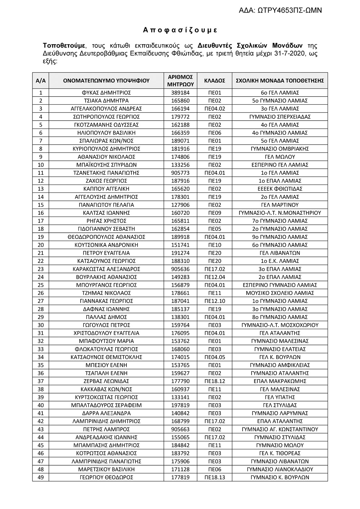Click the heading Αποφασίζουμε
[180, 30]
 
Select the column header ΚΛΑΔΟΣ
[215, 81]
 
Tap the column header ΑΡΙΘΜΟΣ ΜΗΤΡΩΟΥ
[180, 81]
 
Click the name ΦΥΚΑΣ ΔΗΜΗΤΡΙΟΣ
[106, 93]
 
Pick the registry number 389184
[180, 93]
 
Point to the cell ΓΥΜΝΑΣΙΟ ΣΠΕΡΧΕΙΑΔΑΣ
[280, 117]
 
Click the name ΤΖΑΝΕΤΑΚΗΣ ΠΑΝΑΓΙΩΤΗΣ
[106, 173]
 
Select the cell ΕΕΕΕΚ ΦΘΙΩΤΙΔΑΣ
[280, 189]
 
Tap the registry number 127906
[180, 205]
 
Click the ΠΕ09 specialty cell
[215, 213]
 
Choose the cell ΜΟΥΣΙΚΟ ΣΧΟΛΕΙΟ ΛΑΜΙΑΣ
[280, 293]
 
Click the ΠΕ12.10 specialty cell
[215, 301]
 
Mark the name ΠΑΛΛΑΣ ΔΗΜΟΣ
[106, 317]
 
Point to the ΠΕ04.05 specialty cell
[215, 357]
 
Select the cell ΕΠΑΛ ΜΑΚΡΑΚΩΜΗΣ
[280, 381]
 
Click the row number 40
[40, 405]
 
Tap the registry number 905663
[180, 430]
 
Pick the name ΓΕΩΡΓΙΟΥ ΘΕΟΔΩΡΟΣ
[106, 477]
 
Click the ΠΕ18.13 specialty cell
[215, 477]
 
